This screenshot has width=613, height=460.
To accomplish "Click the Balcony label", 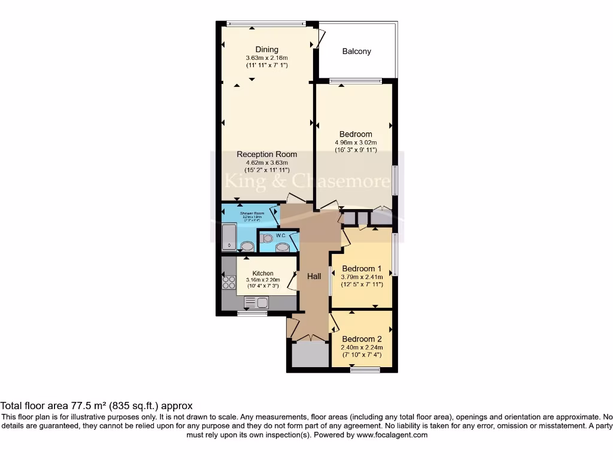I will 357,52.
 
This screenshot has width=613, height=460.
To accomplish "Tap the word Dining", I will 266,50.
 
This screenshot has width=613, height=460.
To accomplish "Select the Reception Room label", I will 266,155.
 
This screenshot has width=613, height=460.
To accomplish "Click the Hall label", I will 314,276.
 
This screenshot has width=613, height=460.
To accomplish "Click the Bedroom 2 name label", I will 362,339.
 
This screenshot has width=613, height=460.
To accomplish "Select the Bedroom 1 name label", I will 362,268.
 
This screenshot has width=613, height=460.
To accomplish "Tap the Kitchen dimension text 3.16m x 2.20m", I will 263,280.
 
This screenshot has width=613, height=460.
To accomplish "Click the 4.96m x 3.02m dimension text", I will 356,143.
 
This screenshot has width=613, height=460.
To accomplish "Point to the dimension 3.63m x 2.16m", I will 266,58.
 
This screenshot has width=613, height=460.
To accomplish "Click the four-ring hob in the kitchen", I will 229,282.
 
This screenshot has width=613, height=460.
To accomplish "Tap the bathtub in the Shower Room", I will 228,237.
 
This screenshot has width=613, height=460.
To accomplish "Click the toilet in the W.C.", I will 268,238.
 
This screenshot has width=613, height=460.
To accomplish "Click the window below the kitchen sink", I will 252,313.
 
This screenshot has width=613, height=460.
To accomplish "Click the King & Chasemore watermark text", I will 306,180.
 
